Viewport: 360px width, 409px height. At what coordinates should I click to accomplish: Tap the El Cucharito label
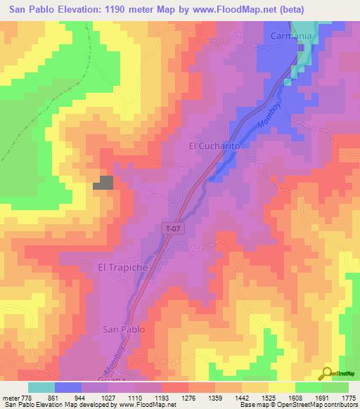215,146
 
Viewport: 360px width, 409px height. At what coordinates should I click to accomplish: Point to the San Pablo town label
124,329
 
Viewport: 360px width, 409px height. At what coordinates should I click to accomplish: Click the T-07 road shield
172,228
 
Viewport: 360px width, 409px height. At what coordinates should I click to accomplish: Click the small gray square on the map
103,183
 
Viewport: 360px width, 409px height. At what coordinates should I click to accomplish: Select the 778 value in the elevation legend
26,397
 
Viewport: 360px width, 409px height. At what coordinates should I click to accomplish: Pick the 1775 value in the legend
347,397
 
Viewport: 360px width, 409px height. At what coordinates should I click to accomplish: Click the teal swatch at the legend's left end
41,387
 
